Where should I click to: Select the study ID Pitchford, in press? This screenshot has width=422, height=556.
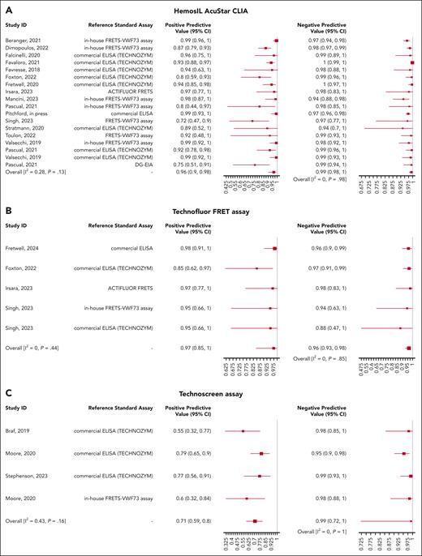[42, 113]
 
